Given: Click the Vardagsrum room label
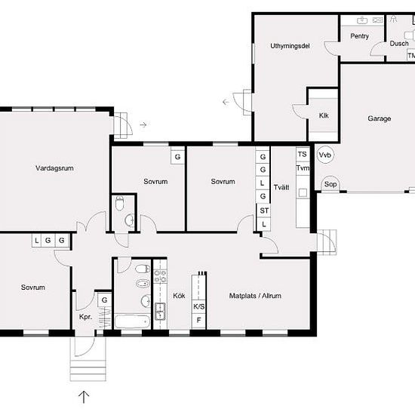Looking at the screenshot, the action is coord(54,168).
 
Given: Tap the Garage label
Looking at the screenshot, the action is coord(380,118).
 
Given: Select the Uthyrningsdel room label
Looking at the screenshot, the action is coord(290,46).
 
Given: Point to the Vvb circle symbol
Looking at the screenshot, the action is coord(325,155).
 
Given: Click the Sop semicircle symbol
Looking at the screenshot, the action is coord(330,183).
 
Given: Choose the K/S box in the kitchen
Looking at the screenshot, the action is coord(198,307).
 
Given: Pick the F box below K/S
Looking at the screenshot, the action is coord(198,321).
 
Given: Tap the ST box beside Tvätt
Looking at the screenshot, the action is coord(264,211).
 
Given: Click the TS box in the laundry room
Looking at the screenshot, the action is coord(303,154).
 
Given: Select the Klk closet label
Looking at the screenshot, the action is coord(324,115).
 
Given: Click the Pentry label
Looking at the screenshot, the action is coord(359,36).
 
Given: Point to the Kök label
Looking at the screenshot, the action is coord(179,296).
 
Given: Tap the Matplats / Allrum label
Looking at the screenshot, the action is coord(255,296).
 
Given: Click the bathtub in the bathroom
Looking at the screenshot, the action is coord(132,321).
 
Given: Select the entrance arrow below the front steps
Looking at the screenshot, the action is coord(84,397).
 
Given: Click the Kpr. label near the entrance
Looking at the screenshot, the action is coord(85,317).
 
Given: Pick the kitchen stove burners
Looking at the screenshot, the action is coord(160,276).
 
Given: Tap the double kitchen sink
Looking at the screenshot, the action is coord(160,312).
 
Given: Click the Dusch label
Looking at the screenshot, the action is coord(399,44).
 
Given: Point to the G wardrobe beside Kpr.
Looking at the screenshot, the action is coord(104,300).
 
